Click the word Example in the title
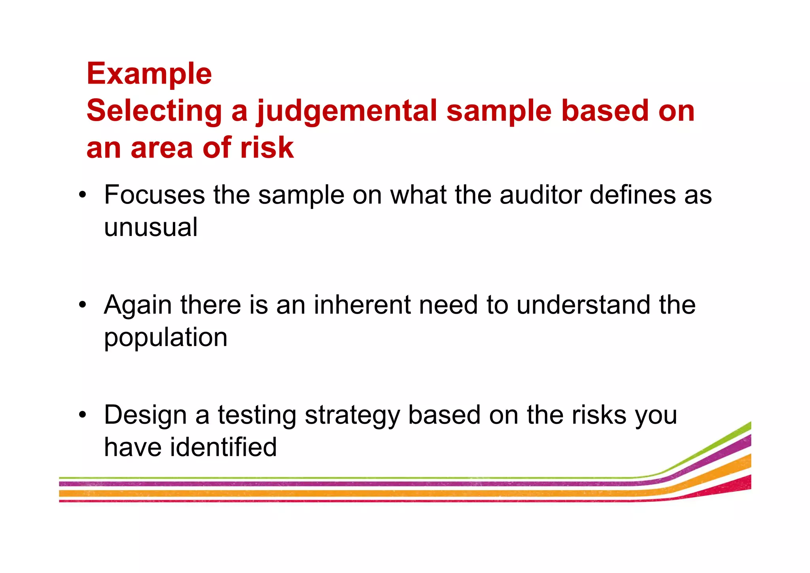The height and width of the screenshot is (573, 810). coord(149,74)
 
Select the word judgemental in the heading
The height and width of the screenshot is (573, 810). coord(347,111)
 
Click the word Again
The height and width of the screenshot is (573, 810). coord(138,305)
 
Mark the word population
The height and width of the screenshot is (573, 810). coord(166,337)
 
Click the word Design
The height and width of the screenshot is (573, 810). coord(145,415)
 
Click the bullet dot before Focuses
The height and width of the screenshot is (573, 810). coord(82,195)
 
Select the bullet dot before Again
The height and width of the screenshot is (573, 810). coord(82,305)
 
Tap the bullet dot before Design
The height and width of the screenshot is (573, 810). coord(82,415)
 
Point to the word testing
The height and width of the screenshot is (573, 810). coord(257,416)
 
